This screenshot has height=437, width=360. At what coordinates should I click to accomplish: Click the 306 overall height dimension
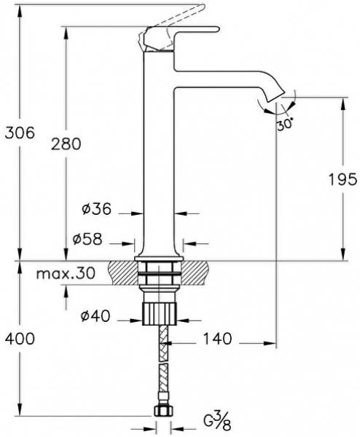(20, 133)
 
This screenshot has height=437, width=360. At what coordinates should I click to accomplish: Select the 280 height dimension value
(66, 144)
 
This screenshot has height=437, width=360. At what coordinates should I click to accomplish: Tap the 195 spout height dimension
(343, 179)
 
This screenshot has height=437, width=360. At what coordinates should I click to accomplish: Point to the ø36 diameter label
(96, 209)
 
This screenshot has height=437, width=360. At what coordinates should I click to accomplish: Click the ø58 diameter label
(87, 239)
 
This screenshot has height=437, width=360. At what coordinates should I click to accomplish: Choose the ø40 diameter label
(95, 316)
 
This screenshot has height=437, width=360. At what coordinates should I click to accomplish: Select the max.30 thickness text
(66, 273)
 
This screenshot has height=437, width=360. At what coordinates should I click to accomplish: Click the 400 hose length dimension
(20, 339)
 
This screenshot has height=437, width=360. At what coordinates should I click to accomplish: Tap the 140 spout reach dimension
(217, 339)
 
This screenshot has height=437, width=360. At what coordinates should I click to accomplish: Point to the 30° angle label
(285, 124)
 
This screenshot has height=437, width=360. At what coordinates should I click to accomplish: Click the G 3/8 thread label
(217, 422)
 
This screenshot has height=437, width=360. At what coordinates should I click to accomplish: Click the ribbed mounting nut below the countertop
(160, 313)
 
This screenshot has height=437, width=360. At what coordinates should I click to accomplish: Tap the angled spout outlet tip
(275, 96)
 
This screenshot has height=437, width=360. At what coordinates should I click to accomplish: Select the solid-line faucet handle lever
(181, 39)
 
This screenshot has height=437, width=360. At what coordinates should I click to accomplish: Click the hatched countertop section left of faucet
(123, 273)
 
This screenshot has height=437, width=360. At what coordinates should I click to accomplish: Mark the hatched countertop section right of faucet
(195, 273)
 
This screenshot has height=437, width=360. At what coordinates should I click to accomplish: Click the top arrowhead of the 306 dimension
(20, 11)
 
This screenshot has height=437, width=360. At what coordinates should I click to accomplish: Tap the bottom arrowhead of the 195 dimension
(343, 254)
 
